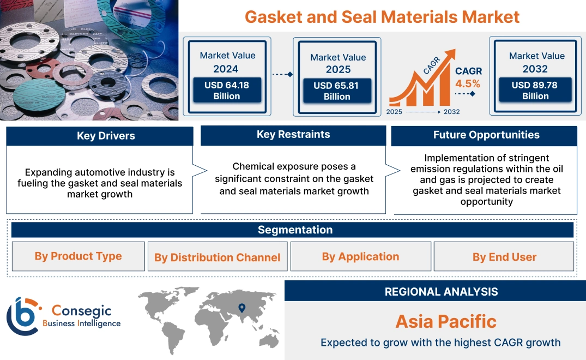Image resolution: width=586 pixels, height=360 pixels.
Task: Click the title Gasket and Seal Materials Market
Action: point(382,16)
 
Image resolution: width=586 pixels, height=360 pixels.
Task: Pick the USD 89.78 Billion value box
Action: point(535,91)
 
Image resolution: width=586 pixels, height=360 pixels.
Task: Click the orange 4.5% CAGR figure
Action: point(468,83)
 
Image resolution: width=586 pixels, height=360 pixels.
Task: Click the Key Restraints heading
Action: point(293,134)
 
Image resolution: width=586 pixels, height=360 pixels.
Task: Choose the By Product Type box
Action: point(78,256)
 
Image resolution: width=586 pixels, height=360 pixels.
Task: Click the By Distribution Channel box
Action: point(217,257)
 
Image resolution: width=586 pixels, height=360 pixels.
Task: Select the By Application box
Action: point(360,256)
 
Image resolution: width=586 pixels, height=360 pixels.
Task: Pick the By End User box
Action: point(504,257)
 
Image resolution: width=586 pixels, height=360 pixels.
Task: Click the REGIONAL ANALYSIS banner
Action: point(441,291)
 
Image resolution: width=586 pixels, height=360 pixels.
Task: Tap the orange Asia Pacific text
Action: point(446,321)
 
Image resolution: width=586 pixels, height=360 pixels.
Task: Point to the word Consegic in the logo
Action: point(82,311)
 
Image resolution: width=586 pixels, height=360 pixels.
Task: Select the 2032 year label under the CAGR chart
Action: point(451,112)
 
